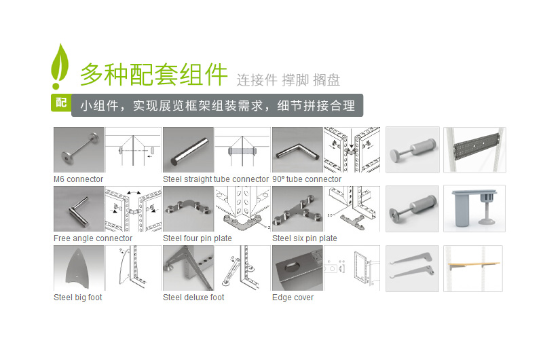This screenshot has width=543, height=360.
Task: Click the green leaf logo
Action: pos(60,66)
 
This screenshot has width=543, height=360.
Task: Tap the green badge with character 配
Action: pos(61,103)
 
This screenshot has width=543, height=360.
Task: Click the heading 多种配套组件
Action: pos(153,73)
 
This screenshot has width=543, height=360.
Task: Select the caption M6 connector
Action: pos(78,179)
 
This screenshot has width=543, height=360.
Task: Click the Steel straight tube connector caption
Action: pos(216,179)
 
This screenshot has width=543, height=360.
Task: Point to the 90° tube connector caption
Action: pos(307,179)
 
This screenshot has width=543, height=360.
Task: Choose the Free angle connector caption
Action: pos(93,238)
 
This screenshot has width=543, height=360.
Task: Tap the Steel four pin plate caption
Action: pos(197,238)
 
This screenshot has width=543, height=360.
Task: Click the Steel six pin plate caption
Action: pos(305,238)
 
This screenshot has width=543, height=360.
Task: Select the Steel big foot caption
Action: pos(78,298)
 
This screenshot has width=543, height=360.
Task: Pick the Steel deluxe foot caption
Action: pos(193,298)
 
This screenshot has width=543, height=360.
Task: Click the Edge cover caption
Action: pos(293,298)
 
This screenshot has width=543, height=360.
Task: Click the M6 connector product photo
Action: pos(79,150)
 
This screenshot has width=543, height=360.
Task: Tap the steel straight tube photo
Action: pos(188,150)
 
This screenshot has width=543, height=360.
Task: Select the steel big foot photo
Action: pos(79,268)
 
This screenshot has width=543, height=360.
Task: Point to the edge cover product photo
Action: pos(297,268)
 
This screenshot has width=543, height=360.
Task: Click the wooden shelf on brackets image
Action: pos(473,268)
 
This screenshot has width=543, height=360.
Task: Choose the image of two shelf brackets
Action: pos(412,268)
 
